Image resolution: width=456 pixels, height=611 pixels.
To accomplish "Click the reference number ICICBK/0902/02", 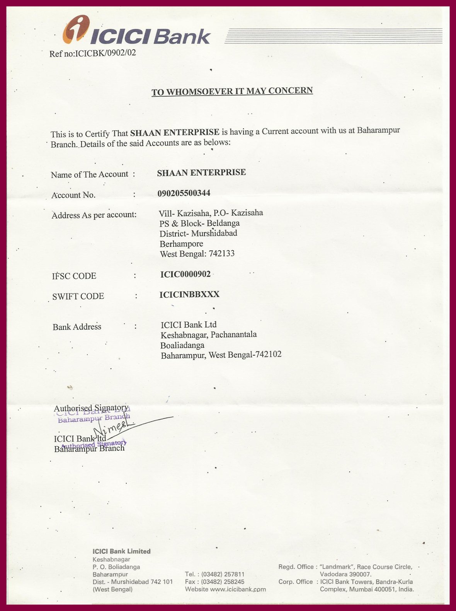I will click(x=105, y=53).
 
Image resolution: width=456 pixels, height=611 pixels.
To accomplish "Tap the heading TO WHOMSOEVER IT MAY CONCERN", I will click(x=232, y=91).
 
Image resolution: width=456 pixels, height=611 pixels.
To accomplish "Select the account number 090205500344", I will click(x=184, y=193).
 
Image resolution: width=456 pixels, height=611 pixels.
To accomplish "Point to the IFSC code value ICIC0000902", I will click(x=185, y=274).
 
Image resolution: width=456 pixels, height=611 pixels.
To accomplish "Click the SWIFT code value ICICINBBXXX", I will click(x=189, y=295).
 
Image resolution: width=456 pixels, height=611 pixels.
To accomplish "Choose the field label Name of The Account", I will click(x=89, y=174).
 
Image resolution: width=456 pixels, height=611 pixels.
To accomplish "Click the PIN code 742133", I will click(x=221, y=254).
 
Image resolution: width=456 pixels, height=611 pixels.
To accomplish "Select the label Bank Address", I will click(x=77, y=327).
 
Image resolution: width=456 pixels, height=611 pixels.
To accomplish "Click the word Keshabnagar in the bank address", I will click(x=184, y=335).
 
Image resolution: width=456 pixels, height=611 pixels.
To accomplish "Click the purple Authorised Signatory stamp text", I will click(x=94, y=444).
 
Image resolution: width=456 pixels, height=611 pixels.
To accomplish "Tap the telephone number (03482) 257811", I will click(x=223, y=574).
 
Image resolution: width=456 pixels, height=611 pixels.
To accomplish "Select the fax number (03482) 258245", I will click(x=223, y=582).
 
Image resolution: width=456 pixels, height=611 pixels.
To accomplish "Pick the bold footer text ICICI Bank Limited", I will click(x=121, y=551).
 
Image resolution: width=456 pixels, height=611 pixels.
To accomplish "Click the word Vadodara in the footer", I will click(x=335, y=574).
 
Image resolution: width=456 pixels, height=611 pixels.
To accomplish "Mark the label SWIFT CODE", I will click(x=78, y=296).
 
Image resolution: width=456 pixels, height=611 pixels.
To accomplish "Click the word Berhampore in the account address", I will click(x=181, y=244).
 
